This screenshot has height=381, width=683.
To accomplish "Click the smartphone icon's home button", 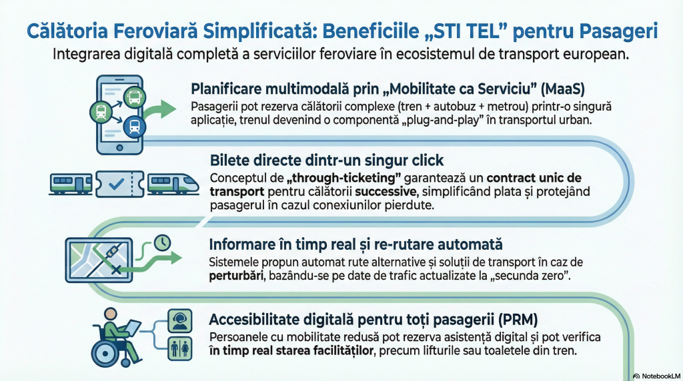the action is [x=120, y=148].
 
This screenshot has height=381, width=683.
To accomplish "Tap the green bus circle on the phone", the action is [x=134, y=97].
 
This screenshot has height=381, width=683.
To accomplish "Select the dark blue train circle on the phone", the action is [x=135, y=127].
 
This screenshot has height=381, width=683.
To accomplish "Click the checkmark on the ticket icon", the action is [x=116, y=185].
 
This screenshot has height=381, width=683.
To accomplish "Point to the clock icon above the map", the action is [x=163, y=243].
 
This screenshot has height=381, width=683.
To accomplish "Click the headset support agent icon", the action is [x=180, y=321].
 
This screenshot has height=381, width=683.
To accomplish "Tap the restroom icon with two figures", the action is [x=180, y=349].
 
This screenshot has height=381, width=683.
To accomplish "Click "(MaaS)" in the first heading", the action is [x=562, y=89].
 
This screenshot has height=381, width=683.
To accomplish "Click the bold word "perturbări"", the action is [x=236, y=276].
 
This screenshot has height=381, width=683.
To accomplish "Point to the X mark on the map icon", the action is [x=116, y=270].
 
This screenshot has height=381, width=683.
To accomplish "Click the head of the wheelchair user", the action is [x=111, y=314].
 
